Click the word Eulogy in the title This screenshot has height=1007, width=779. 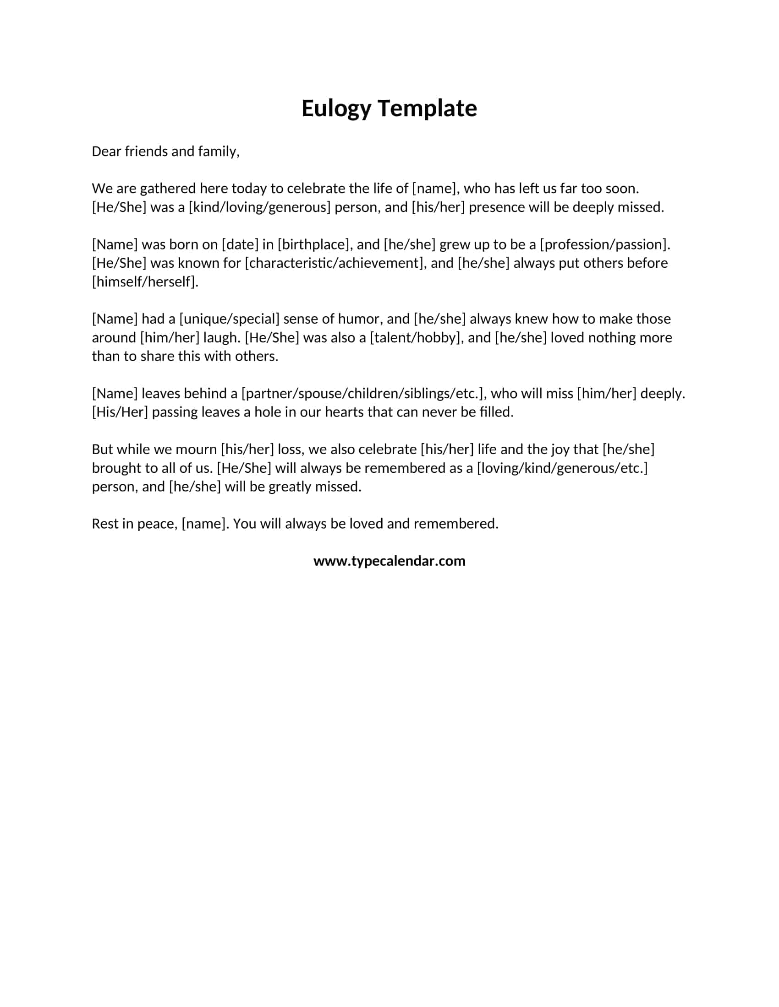pos(336,109)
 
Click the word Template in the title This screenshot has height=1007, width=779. pos(428,109)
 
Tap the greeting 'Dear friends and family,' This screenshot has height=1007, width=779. pos(166,151)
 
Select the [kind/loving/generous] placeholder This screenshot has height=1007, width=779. pos(259,207)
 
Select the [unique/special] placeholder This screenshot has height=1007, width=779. pos(230,319)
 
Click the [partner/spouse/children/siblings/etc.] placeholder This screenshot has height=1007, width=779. pos(364,393)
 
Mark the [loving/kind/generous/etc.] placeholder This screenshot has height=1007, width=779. pos(562,468)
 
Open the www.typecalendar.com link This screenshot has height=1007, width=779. pos(389,561)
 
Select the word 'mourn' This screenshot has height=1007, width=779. pos(196,449)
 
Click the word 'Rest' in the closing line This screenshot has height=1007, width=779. pos(105,524)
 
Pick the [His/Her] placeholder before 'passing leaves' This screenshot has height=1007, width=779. pos(120,412)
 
